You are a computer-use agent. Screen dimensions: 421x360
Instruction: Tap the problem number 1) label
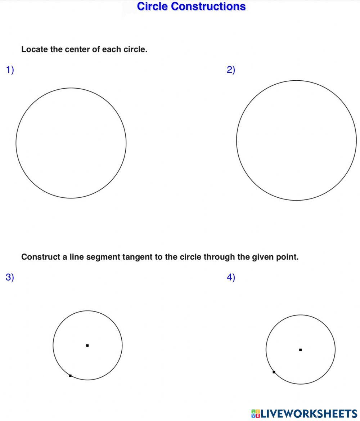pos(10,70)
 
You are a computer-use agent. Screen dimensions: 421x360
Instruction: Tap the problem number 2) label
pos(231,70)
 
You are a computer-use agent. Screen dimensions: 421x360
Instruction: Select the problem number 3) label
pos(10,277)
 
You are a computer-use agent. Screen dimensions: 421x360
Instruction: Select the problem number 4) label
pos(231,277)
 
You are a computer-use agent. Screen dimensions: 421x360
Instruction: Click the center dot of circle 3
pos(87,345)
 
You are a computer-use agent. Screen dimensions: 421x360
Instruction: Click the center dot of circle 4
pos(300,349)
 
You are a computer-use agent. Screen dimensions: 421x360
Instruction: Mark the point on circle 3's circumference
pos(70,376)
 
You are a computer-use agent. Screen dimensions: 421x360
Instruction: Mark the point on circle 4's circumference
pos(274,372)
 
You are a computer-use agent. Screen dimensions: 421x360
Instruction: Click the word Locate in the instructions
pos(35,50)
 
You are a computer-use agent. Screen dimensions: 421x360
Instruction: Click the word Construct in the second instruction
pos(39,257)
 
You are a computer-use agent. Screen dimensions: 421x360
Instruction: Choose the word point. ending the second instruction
pos(288,257)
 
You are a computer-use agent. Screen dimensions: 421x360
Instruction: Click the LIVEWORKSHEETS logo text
pos(309,413)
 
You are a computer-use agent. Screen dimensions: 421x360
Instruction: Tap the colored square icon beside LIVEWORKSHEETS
pos(255,413)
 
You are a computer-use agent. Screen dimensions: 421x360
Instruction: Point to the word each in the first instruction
pos(112,50)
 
